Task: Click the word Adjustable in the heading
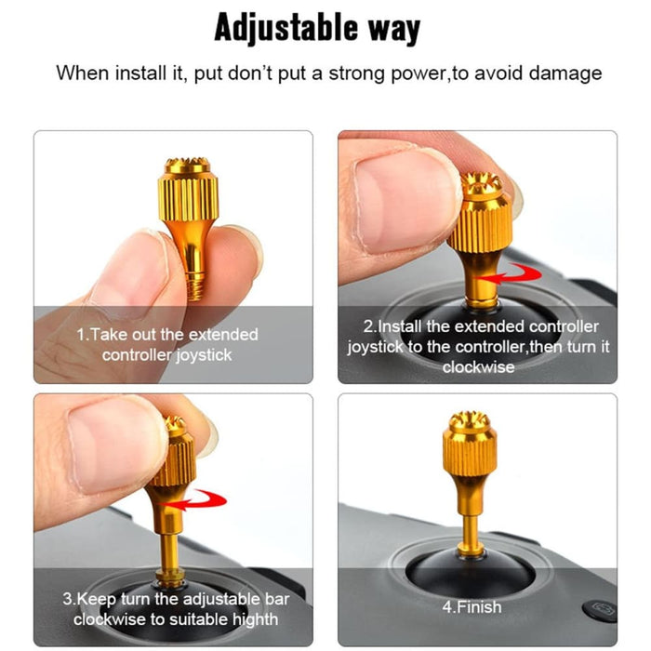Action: tap(278, 28)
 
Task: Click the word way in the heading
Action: tap(391, 28)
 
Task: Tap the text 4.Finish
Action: tap(472, 607)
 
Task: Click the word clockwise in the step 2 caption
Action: tap(478, 367)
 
